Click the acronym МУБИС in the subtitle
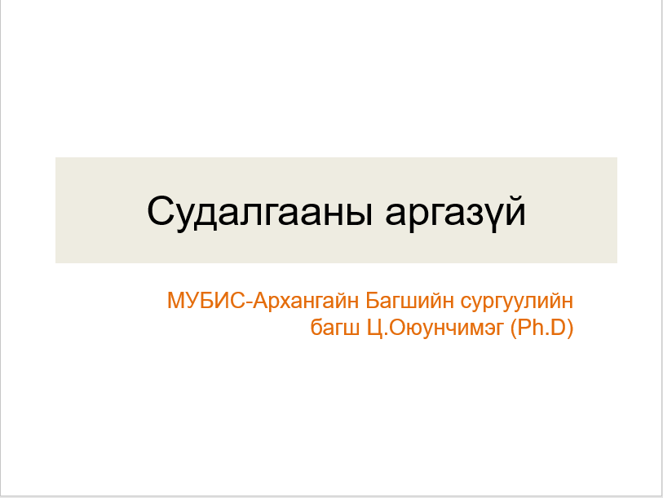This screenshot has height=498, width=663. [x=206, y=301]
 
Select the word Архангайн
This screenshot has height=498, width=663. [x=307, y=301]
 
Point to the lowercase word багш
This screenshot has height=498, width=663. [x=332, y=329]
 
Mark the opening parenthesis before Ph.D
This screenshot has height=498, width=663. [x=514, y=329]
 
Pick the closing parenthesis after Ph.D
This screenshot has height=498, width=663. [x=571, y=329]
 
